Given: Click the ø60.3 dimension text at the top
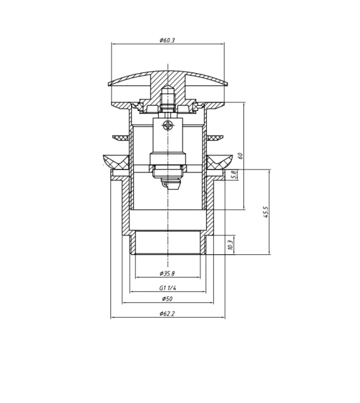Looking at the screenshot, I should point(167,40).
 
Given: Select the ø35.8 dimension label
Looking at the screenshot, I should point(167,274).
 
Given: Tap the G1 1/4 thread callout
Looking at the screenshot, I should point(168,288).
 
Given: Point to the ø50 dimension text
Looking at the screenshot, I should point(167,299).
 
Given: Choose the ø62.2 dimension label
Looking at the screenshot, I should point(167,313).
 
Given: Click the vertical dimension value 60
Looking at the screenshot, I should point(240,155).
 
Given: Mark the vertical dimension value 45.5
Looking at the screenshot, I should point(267,212).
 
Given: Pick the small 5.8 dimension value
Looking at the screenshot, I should point(233,175).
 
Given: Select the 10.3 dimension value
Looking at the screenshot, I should point(231,243).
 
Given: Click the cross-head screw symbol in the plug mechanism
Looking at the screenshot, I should point(168,126).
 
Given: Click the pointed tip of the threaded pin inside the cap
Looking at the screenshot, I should point(168,85).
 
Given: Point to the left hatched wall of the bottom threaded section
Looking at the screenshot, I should point(132,243).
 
